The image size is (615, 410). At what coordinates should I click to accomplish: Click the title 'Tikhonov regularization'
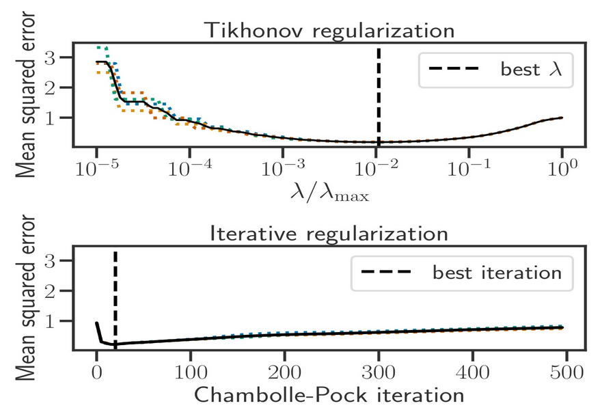(x=330, y=31)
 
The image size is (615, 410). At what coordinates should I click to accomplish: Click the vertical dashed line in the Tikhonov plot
(x=378, y=96)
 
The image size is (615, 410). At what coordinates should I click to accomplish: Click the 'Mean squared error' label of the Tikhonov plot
(x=25, y=96)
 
